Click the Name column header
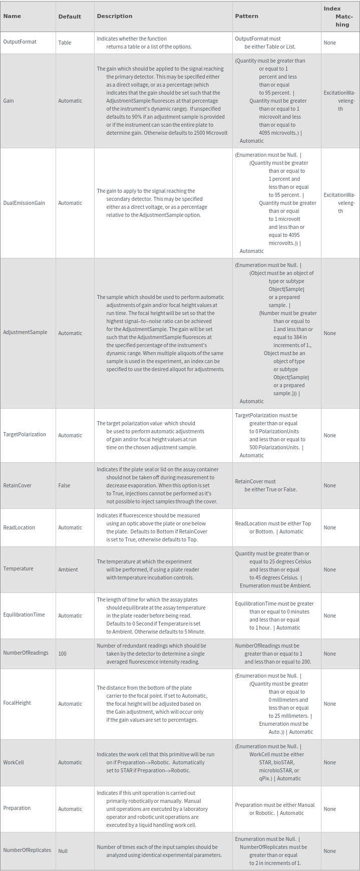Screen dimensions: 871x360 coord(12,16)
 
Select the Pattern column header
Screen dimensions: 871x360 coord(246,16)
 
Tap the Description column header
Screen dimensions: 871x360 coord(114,16)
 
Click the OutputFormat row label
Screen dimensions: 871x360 coord(20,42)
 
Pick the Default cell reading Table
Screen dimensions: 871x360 coord(65,43)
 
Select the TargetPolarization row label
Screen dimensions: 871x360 coord(25,435)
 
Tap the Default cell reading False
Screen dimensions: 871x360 coord(64,485)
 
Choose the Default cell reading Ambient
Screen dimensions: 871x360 coord(68,569)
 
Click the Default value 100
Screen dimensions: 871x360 coord(62,654)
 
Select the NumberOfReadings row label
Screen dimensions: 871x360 coord(26,653)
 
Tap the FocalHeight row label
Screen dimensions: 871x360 coord(17,703)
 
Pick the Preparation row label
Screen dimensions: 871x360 coord(17,808)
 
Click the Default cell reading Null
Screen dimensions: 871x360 coord(63,851)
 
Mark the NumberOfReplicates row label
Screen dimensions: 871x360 coord(27,850)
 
